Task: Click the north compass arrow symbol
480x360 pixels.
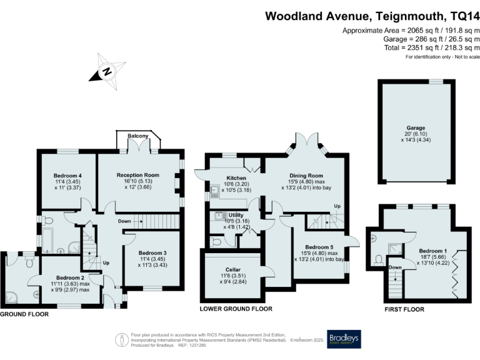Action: pyautogui.click(x=106, y=71)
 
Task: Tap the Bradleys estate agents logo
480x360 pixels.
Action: pyautogui.click(x=344, y=338)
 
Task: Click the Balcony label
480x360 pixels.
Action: pyautogui.click(x=138, y=136)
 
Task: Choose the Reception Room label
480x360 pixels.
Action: pyautogui.click(x=138, y=175)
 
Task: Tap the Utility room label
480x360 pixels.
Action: pyautogui.click(x=236, y=214)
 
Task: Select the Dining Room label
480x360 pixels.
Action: pyautogui.click(x=306, y=176)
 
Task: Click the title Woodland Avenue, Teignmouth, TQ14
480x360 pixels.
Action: pyautogui.click(x=372, y=16)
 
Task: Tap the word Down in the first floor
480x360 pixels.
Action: pyautogui.click(x=395, y=267)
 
